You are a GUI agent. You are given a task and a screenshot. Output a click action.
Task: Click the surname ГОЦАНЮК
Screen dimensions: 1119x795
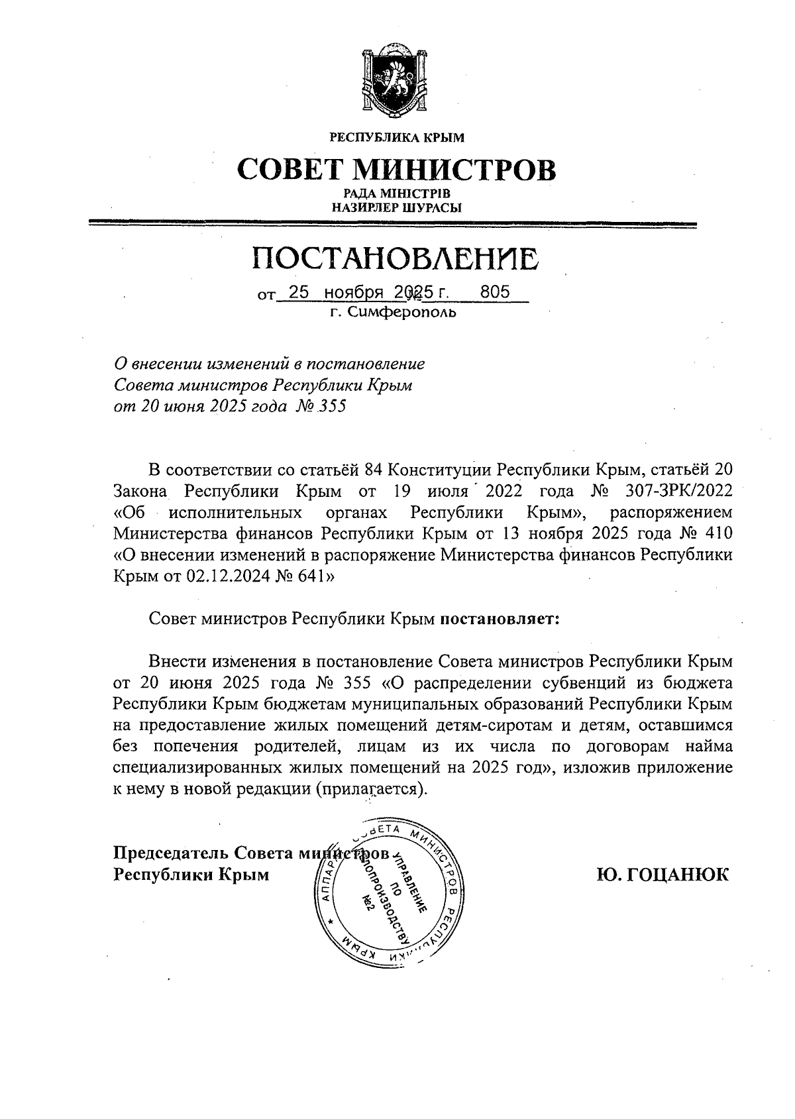pyautogui.click(x=662, y=875)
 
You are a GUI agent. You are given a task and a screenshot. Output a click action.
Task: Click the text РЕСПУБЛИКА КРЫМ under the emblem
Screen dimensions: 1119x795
pyautogui.click(x=397, y=138)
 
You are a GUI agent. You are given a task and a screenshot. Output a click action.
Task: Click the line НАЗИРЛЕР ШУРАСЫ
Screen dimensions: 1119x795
pyautogui.click(x=397, y=207)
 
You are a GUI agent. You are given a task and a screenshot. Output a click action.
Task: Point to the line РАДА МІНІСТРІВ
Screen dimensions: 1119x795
pyautogui.click(x=397, y=193)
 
